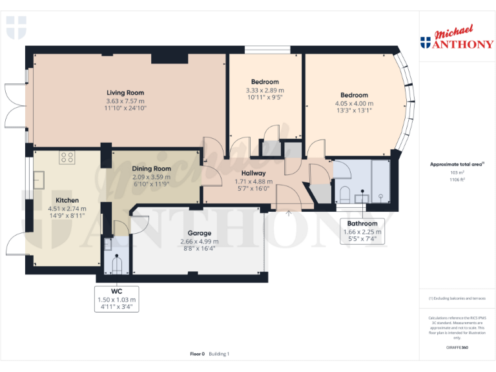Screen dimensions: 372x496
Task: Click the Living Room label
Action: (x=125, y=92)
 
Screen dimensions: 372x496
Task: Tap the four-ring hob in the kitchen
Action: (x=67, y=157)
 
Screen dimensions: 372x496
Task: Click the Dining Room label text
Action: (x=151, y=169)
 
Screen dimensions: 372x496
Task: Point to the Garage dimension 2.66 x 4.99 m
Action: (x=199, y=242)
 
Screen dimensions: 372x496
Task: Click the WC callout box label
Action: (x=116, y=292)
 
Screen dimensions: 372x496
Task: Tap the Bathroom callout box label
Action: (x=360, y=223)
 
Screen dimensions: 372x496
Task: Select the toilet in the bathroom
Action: (x=344, y=194)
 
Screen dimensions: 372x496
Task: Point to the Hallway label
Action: (x=253, y=173)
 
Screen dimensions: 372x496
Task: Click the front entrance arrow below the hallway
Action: (x=288, y=212)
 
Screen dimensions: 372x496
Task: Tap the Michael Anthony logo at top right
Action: (x=457, y=39)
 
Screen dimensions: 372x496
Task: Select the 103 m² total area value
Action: (x=457, y=173)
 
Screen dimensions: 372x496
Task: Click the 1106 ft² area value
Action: (x=457, y=180)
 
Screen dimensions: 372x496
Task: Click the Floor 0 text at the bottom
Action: (x=197, y=354)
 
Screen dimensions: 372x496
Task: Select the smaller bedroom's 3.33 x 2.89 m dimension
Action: (x=265, y=90)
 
